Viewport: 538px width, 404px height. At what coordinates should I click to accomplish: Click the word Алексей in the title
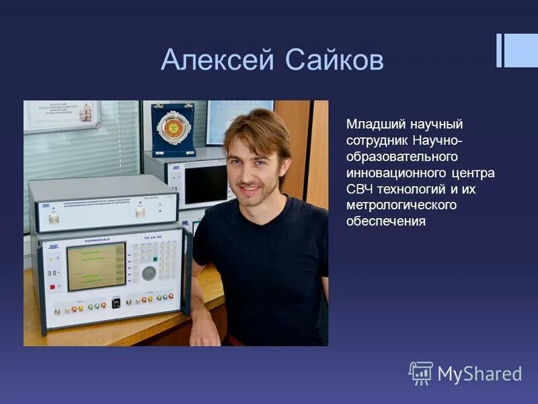pyautogui.click(x=217, y=61)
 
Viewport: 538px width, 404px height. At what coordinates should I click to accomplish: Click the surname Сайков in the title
pyautogui.click(x=334, y=61)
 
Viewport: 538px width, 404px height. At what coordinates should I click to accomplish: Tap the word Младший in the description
pyautogui.click(x=371, y=125)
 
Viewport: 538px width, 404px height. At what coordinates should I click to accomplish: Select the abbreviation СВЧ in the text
pyautogui.click(x=362, y=189)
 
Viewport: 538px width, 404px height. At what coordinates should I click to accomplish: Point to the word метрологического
pyautogui.click(x=401, y=205)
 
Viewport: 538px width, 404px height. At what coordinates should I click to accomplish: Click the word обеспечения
pyautogui.click(x=386, y=221)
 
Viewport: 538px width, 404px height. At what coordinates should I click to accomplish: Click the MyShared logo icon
pyautogui.click(x=421, y=373)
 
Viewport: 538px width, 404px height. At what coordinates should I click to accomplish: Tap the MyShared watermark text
pyautogui.click(x=479, y=374)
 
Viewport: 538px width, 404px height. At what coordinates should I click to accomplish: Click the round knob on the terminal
pyautogui.click(x=149, y=273)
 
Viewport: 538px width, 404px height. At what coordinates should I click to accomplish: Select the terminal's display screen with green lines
pyautogui.click(x=96, y=267)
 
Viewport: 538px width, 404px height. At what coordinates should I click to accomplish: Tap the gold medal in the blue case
pyautogui.click(x=173, y=128)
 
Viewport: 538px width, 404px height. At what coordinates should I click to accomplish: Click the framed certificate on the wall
pyautogui.click(x=62, y=116)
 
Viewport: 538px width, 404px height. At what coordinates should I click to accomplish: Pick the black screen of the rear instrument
pyautogui.click(x=205, y=184)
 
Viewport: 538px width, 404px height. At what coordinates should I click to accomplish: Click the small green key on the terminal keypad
pyautogui.click(x=154, y=259)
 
